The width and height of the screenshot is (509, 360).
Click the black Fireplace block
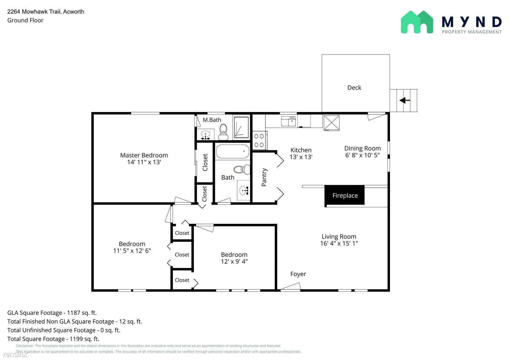tap(344, 195)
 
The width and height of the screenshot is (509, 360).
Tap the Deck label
tap(354, 88)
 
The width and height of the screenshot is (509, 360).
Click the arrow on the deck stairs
tap(405, 100)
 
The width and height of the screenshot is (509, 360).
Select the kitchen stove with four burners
tap(259, 141)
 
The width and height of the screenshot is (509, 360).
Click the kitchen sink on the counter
tap(288, 121)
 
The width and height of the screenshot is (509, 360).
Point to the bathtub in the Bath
tap(232, 152)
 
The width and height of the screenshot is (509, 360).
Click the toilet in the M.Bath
tap(223, 132)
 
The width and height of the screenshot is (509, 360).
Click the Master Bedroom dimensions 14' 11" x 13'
tap(144, 162)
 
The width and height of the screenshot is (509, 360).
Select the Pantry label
tap(264, 177)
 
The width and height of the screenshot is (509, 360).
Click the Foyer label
tap(298, 274)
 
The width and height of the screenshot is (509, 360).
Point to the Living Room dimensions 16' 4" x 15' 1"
tap(339, 243)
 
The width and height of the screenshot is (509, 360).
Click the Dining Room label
tap(362, 148)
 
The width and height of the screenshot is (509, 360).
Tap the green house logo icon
tap(417, 22)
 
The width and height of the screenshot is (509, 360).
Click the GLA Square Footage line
tap(52, 313)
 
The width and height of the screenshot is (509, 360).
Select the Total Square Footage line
tap(53, 339)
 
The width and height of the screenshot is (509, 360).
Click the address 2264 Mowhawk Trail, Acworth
tap(46, 12)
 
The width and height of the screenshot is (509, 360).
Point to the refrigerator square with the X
tap(331, 123)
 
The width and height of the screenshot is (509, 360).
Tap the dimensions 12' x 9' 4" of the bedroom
tap(234, 261)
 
